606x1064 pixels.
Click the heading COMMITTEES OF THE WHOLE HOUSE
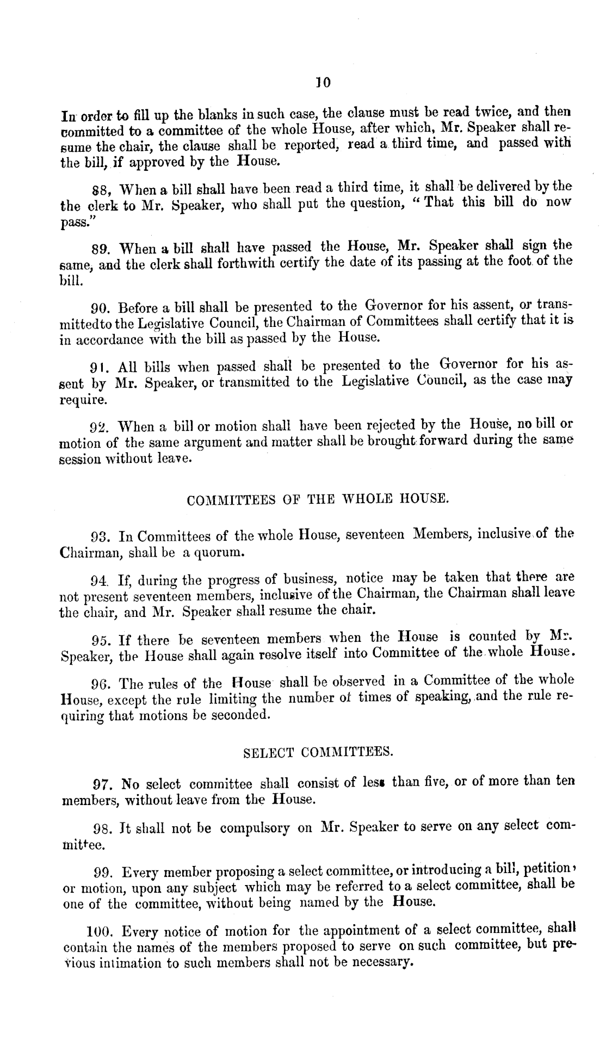(x=317, y=498)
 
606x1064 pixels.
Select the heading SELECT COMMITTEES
(x=317, y=753)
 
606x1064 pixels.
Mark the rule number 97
(x=103, y=785)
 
